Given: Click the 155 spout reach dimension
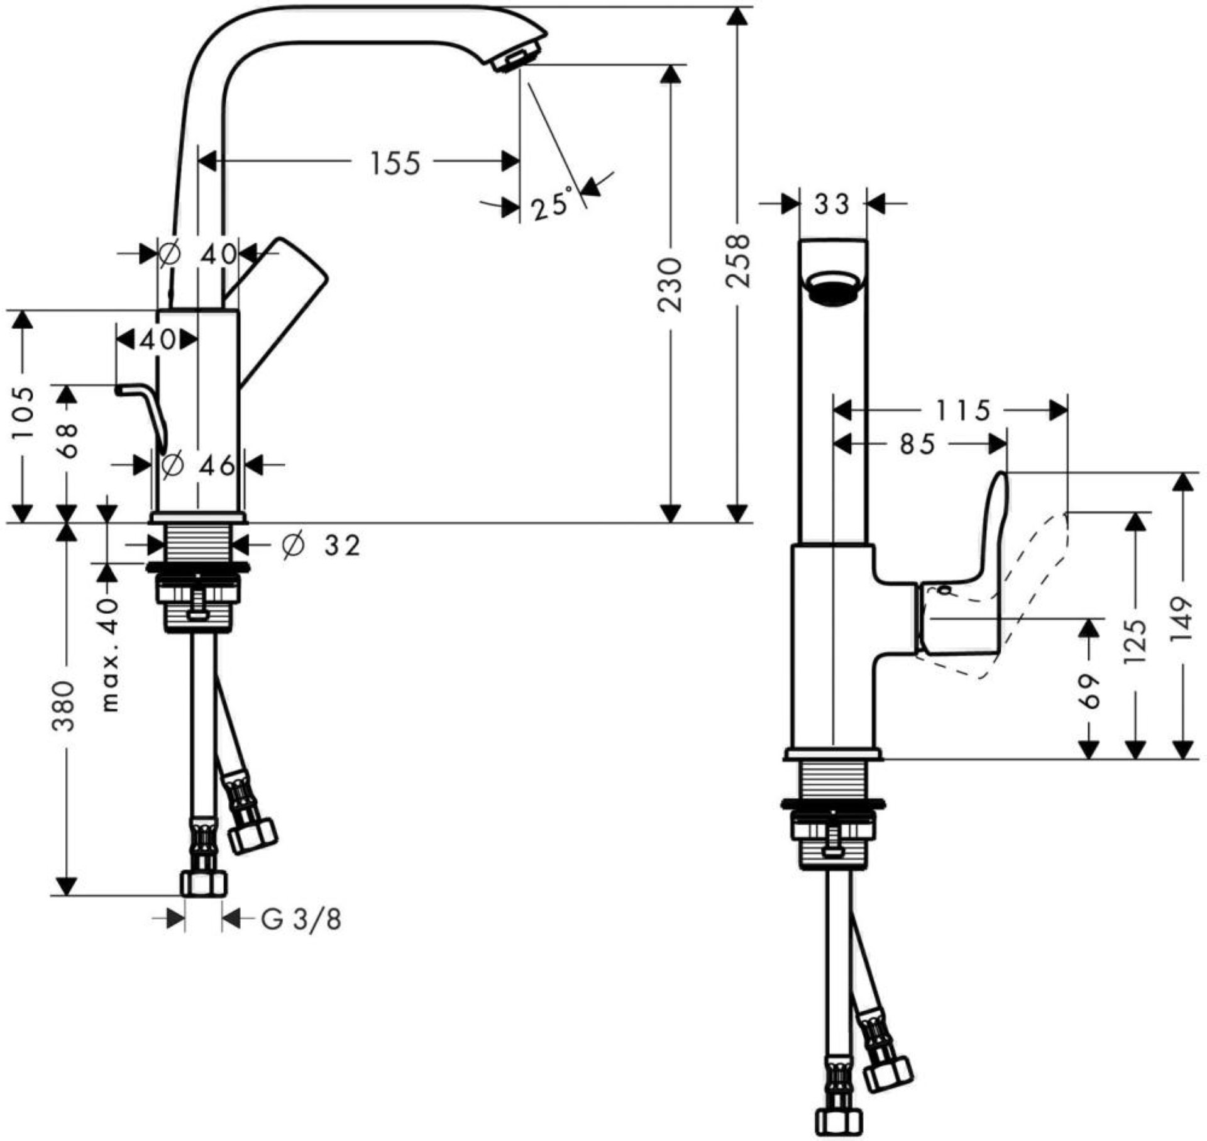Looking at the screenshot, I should (394, 163).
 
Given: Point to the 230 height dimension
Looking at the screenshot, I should (671, 284).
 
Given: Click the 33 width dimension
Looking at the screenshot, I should (831, 204).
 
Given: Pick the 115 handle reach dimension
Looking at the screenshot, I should (963, 411).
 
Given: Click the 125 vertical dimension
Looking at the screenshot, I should (1135, 642).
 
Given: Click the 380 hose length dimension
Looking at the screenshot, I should (65, 704).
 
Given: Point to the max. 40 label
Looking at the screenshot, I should (110, 654).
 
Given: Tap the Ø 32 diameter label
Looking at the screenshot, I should (321, 545).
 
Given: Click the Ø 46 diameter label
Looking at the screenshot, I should (198, 465).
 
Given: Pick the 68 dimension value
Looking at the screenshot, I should (67, 440).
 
